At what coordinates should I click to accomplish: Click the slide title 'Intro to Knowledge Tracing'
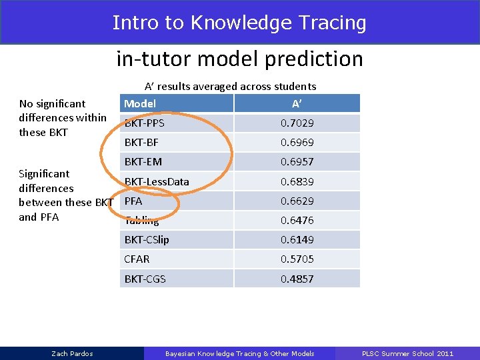point(239,23)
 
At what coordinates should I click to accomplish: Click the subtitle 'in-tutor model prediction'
point(239,59)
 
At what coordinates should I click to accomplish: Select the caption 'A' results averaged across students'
point(230,86)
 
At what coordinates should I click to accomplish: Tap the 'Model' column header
point(140,103)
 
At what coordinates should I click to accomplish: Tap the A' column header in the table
point(297,103)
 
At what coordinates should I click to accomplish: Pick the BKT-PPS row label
point(145,123)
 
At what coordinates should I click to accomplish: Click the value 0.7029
point(297,123)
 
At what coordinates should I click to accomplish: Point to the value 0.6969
point(297,143)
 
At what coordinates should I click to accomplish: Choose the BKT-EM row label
point(143,161)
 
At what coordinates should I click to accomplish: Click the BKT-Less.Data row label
point(157,181)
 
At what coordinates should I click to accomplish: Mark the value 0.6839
point(297,181)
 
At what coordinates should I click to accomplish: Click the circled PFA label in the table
point(133,201)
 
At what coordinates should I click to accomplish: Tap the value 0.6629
point(297,201)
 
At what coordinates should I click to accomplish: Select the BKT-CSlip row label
point(147,239)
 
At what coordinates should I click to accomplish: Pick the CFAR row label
point(137,259)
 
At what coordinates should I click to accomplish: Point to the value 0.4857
point(297,279)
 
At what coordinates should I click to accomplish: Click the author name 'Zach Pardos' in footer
point(72,353)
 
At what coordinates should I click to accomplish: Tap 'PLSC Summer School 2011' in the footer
point(407,353)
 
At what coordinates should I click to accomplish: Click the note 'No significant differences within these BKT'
point(62,117)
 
